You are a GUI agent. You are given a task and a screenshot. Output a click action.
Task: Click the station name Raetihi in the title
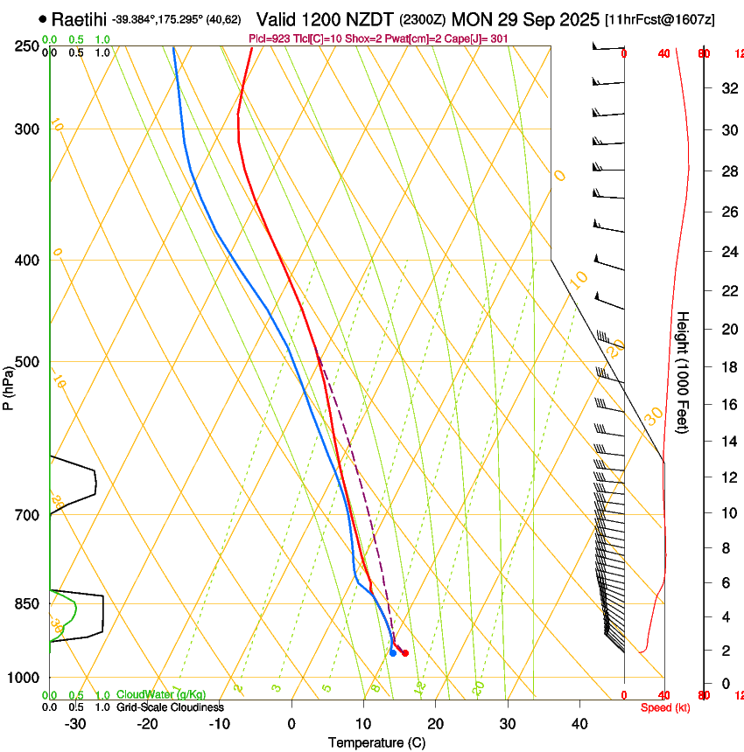click(x=80, y=19)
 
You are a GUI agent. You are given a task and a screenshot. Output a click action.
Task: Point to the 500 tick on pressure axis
click(x=28, y=362)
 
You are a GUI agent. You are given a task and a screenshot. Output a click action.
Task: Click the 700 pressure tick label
click(x=28, y=515)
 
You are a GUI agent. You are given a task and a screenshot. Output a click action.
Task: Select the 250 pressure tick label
click(x=28, y=45)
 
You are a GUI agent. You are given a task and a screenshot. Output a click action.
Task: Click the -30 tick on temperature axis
click(x=75, y=723)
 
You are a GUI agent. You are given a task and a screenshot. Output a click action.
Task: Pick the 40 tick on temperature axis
click(x=579, y=723)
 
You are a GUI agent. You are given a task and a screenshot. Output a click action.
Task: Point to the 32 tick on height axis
click(x=726, y=87)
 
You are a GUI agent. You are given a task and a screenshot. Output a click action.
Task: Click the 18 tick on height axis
click(x=726, y=367)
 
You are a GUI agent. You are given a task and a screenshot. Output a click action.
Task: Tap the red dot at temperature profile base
click(x=405, y=653)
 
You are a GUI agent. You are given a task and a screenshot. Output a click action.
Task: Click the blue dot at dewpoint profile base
click(x=393, y=653)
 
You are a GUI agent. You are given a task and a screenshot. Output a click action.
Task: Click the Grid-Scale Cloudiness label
click(x=170, y=707)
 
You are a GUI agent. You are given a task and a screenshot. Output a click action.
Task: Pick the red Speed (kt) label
click(x=665, y=707)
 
